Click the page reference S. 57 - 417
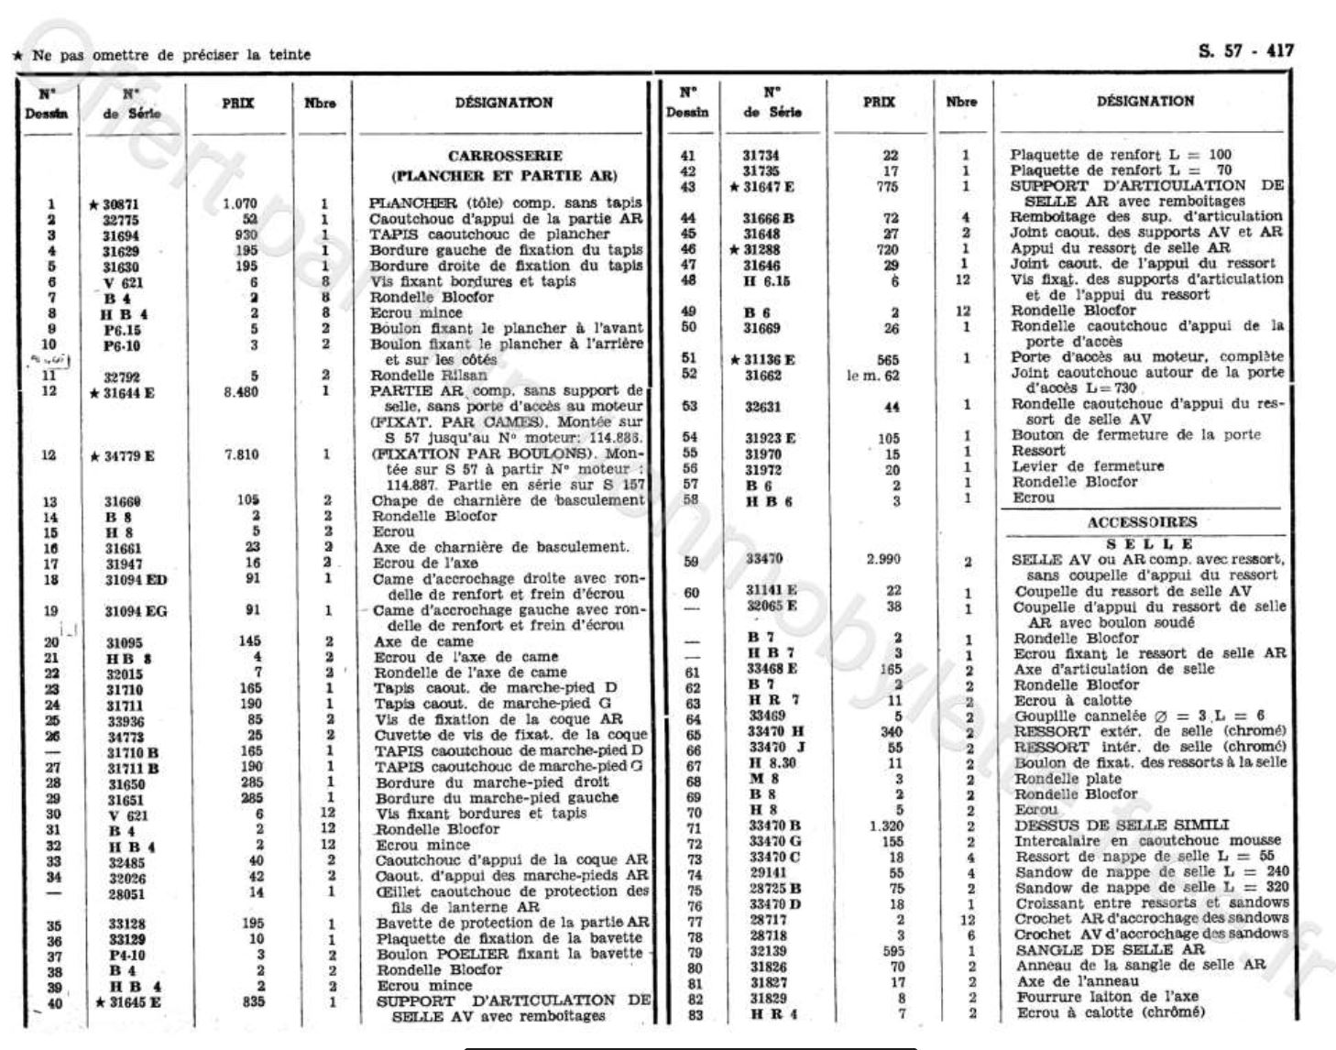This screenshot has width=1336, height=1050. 1245,51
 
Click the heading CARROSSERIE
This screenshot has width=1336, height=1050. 505,157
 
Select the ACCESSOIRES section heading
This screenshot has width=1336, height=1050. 1142,522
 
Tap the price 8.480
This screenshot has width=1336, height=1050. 240,392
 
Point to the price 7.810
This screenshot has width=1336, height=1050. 240,454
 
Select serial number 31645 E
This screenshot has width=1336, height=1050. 131,1001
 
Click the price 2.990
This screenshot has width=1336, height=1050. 882,559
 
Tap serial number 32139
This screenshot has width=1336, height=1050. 766,950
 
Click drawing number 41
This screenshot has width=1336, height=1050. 688,156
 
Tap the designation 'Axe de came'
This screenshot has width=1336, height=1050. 422,641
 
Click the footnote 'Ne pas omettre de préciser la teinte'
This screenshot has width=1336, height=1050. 170,55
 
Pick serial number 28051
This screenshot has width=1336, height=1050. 126,891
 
